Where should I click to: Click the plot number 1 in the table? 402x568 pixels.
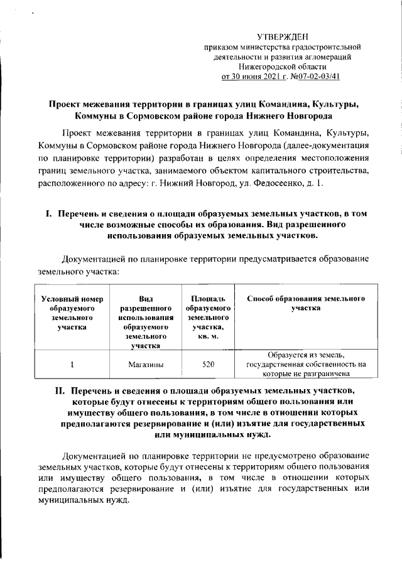point(72,363)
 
